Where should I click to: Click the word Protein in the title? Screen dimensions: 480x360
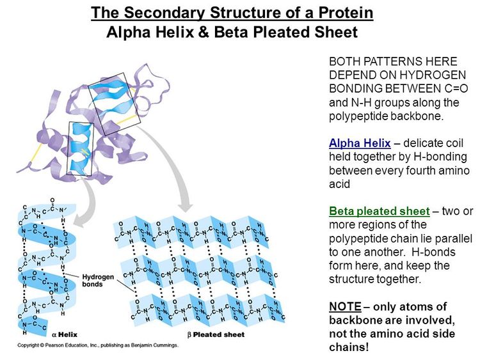(346, 13)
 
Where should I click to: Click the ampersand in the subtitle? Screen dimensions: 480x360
(204, 32)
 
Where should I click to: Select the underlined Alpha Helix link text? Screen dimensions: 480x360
(360, 143)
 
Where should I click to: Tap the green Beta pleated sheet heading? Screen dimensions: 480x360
(380, 211)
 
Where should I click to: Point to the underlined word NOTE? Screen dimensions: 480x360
(346, 306)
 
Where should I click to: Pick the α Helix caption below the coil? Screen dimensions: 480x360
(65, 334)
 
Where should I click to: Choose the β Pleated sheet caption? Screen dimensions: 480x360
(216, 334)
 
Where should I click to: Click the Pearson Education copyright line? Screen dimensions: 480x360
(98, 345)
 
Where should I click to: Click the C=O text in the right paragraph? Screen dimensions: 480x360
(456, 88)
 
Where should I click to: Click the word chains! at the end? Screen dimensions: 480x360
(349, 347)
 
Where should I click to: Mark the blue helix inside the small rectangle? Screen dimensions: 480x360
(81, 148)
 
